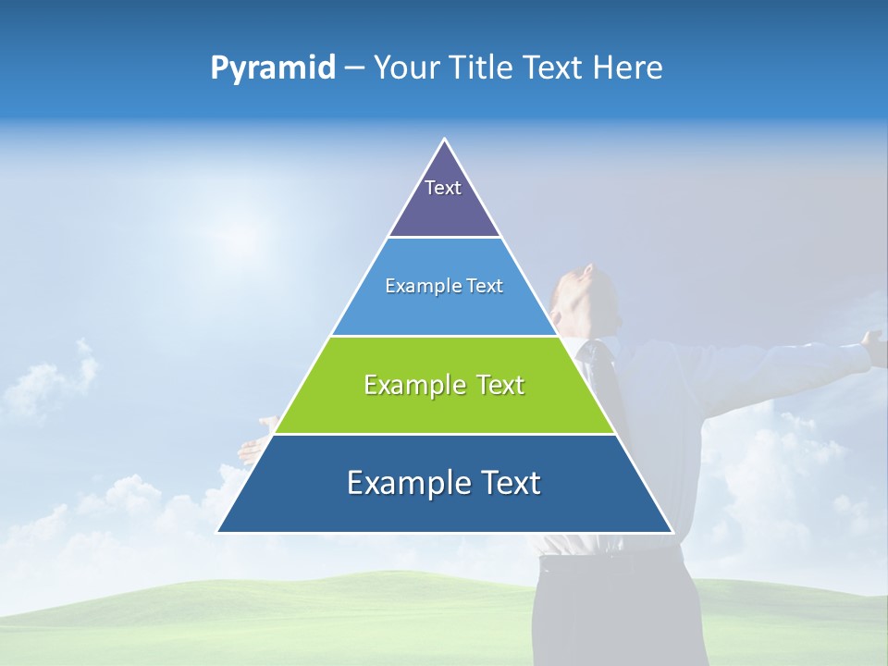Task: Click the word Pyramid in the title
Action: pos(273,68)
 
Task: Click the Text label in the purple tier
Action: pos(443,188)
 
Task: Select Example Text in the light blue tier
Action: pos(444,287)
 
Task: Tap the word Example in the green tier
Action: pos(412,385)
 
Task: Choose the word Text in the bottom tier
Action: pos(507,483)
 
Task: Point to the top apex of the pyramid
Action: pos(445,141)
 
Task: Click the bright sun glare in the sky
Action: pos(236,231)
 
